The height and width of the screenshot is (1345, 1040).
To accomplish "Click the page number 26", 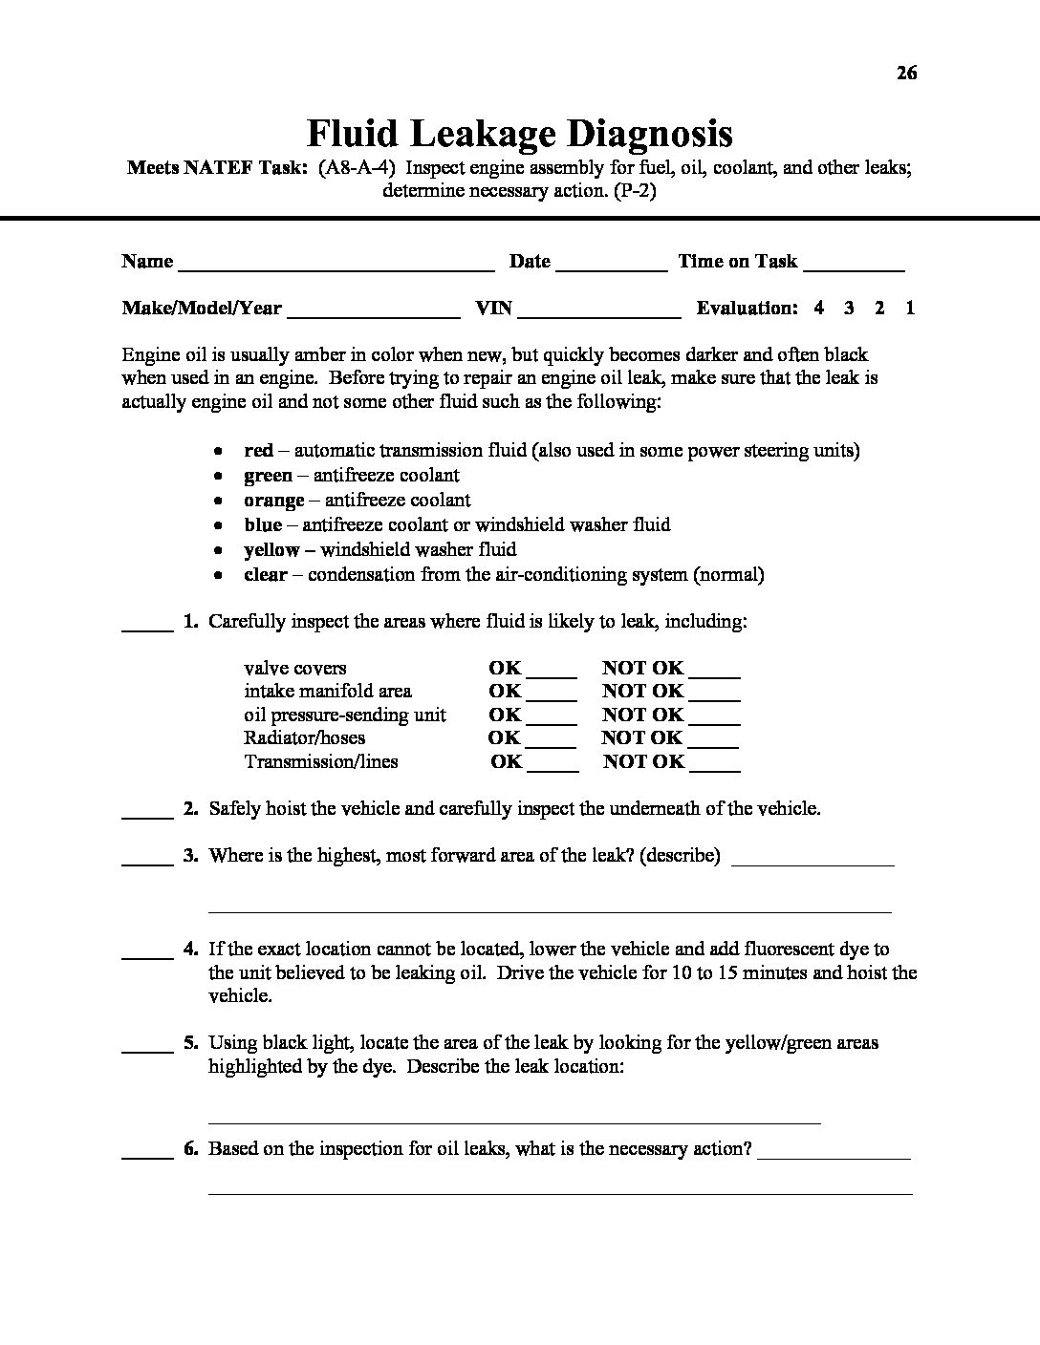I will click(907, 73).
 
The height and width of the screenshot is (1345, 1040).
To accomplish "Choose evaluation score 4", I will click(819, 308).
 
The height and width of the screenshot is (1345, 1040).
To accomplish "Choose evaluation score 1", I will click(910, 308).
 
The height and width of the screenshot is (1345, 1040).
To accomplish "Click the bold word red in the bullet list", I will click(258, 450).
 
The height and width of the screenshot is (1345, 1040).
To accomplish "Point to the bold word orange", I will click(274, 500).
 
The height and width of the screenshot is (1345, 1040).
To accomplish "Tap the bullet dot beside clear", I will click(220, 576).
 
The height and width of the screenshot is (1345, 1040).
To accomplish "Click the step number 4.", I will click(190, 949).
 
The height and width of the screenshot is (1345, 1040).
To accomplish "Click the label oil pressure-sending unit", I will click(345, 715).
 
